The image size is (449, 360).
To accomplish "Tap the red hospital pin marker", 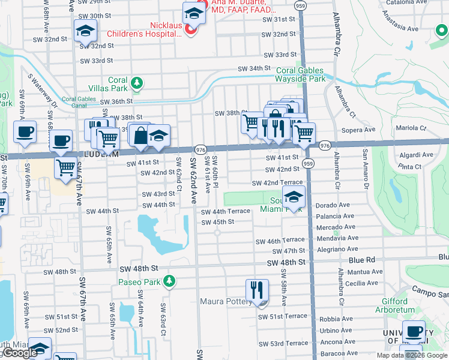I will (x=191, y=29).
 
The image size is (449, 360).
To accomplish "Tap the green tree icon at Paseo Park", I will (x=170, y=281).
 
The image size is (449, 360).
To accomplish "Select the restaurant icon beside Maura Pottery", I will (x=256, y=290).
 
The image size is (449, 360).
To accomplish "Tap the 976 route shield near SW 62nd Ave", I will (x=200, y=149).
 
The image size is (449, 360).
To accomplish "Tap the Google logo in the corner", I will (x=20, y=353).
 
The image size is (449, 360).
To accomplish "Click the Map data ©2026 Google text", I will (x=412, y=355).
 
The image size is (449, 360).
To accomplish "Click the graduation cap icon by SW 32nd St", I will (x=85, y=30).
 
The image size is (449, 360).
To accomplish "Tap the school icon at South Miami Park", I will (x=294, y=197).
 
